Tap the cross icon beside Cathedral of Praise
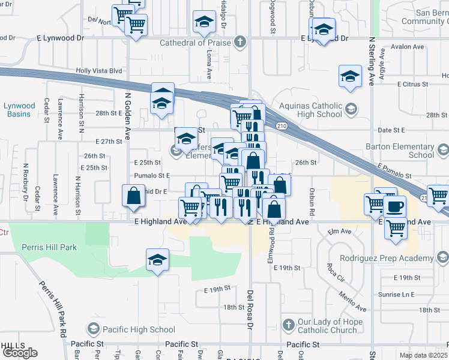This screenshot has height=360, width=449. click(x=240, y=42)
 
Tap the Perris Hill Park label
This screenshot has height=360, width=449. click(x=49, y=247)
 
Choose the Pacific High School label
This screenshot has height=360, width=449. click(x=139, y=329)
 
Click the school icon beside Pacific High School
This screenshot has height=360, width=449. click(x=93, y=329)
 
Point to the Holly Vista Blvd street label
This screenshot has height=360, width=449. click(x=99, y=70)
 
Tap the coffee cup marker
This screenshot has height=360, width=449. click(x=394, y=206)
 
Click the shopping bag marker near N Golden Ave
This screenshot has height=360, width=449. click(x=133, y=196)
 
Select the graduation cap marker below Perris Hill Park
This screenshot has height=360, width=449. click(x=157, y=260)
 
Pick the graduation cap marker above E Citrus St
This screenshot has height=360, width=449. click(x=349, y=76)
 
